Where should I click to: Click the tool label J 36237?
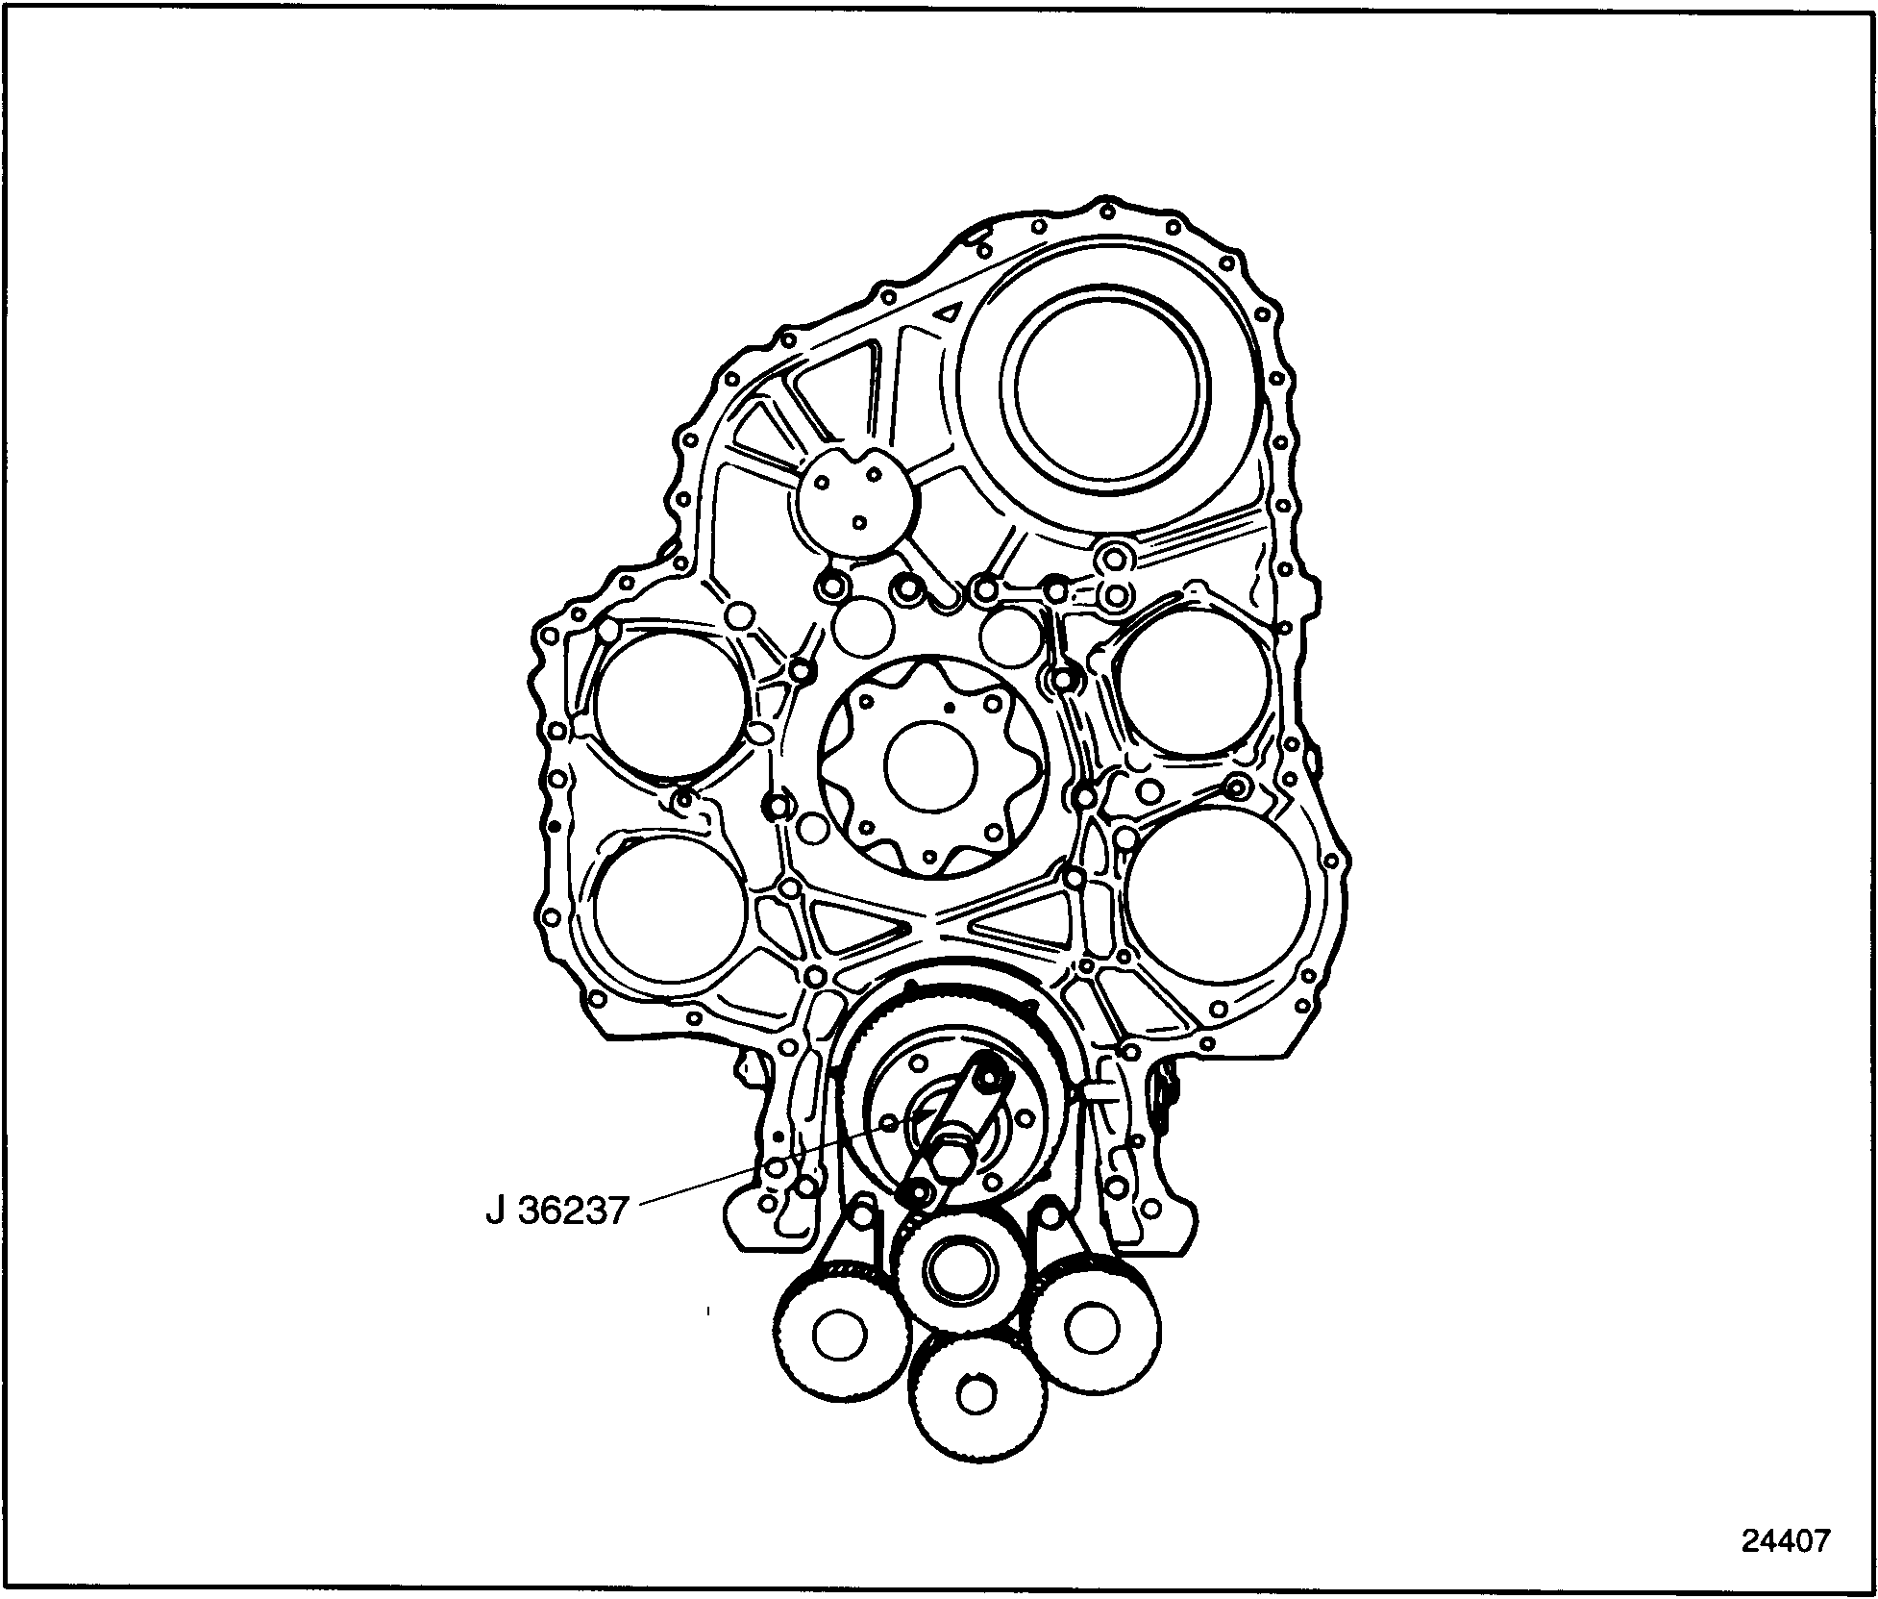point(556,1210)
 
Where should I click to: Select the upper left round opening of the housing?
point(671,703)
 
